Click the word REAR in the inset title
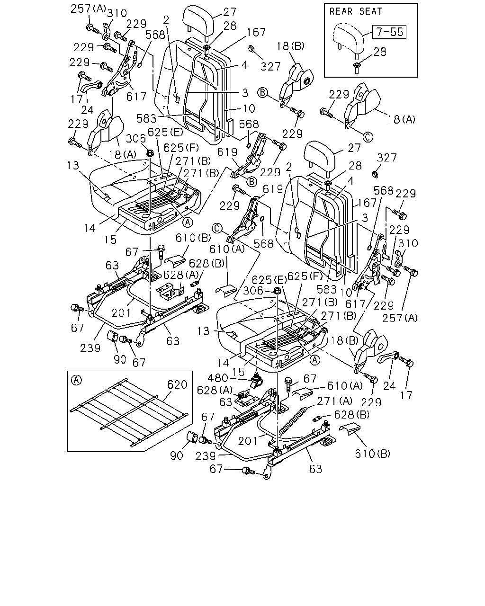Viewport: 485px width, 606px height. pyautogui.click(x=341, y=11)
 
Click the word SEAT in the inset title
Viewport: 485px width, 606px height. pyautogui.click(x=370, y=11)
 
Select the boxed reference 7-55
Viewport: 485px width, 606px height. pyautogui.click(x=389, y=32)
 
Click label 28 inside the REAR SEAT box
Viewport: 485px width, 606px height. pyautogui.click(x=379, y=52)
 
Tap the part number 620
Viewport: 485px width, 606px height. pyautogui.click(x=177, y=384)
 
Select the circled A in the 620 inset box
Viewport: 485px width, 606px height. pyautogui.click(x=76, y=381)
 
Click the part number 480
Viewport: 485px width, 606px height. pyautogui.click(x=217, y=378)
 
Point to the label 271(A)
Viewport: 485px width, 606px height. pyautogui.click(x=334, y=401)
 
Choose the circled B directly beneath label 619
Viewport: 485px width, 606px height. pyautogui.click(x=251, y=182)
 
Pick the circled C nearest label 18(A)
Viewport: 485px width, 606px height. pyautogui.click(x=368, y=137)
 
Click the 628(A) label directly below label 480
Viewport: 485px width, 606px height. pyautogui.click(x=215, y=390)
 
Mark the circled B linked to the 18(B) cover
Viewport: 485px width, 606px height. pyautogui.click(x=263, y=92)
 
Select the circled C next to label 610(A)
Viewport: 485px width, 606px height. pyautogui.click(x=217, y=228)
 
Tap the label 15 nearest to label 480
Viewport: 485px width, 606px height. pyautogui.click(x=238, y=372)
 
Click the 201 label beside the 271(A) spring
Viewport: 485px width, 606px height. pyautogui.click(x=248, y=441)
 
